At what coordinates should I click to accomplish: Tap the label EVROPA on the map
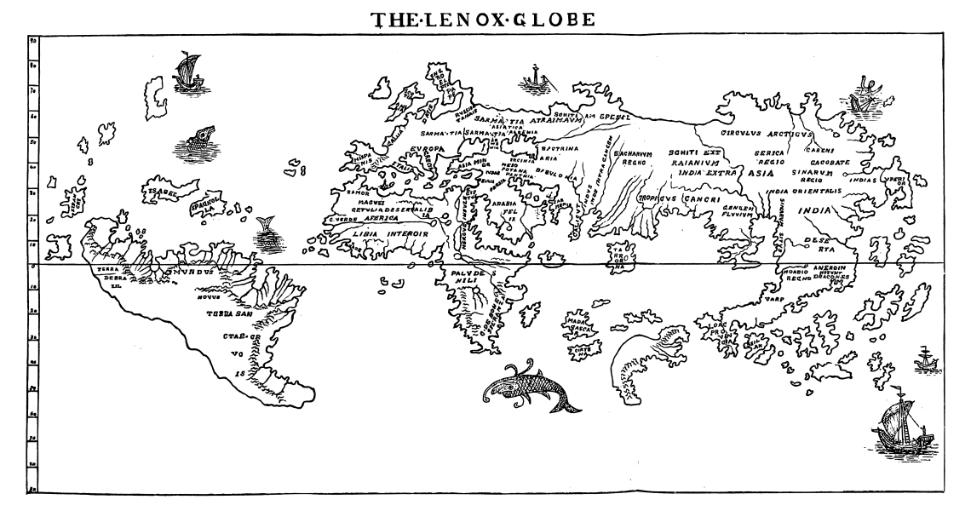(x=428, y=149)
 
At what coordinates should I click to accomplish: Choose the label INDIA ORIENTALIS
(x=803, y=192)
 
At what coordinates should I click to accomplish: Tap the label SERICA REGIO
(x=766, y=158)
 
